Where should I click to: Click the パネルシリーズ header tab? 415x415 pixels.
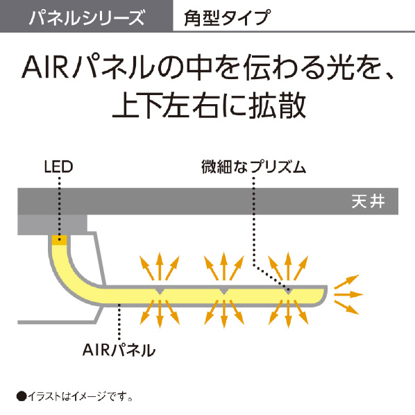pyautogui.click(x=87, y=16)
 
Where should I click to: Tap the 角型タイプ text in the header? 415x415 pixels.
pyautogui.click(x=228, y=18)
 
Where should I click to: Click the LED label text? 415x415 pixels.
pyautogui.click(x=58, y=167)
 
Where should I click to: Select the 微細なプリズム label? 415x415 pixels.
pyautogui.click(x=253, y=167)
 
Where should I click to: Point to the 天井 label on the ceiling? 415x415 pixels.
pyautogui.click(x=368, y=202)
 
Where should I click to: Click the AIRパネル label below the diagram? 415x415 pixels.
pyautogui.click(x=119, y=350)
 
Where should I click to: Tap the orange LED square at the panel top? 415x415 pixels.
pyautogui.click(x=59, y=240)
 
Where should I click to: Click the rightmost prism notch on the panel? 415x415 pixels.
pyautogui.click(x=289, y=291)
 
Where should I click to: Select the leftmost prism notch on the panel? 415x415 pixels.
pyautogui.click(x=160, y=291)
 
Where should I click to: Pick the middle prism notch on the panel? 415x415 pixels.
pyautogui.click(x=224, y=291)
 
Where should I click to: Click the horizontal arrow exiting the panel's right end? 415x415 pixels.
pyautogui.click(x=348, y=294)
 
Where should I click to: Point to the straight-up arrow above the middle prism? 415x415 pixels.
pyautogui.click(x=224, y=266)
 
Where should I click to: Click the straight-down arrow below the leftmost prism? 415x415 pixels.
pyautogui.click(x=160, y=314)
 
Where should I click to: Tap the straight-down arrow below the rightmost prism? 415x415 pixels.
pyautogui.click(x=289, y=314)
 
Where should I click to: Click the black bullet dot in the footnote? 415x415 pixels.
pyautogui.click(x=22, y=396)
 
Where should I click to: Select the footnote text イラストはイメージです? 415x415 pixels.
pyautogui.click(x=80, y=396)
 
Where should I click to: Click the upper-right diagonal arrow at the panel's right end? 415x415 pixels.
pyautogui.click(x=346, y=282)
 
